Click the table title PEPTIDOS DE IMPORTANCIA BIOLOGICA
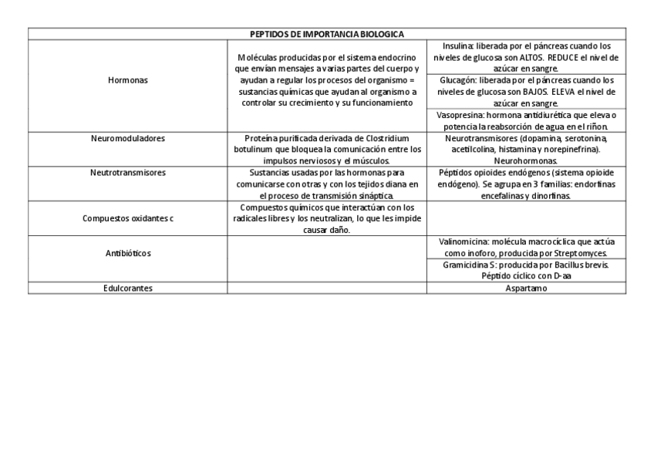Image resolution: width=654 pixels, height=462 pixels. click(x=327, y=34)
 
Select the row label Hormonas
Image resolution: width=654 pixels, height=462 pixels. click(x=128, y=80)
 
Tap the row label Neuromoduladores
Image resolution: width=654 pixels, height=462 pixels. click(x=128, y=139)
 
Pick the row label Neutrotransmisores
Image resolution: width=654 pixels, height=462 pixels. click(x=128, y=173)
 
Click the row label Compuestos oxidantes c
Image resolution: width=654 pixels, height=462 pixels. click(x=128, y=218)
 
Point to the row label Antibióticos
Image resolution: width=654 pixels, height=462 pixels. click(x=128, y=253)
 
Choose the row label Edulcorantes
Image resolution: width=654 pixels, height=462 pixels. click(x=128, y=288)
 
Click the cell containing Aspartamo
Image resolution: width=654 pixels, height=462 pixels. click(x=526, y=288)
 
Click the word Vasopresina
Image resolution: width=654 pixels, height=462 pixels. click(x=460, y=115)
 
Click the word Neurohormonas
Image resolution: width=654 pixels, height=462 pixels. click(x=526, y=160)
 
